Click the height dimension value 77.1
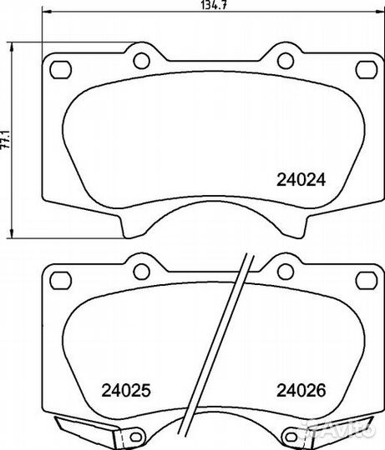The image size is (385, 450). (x=5, y=139)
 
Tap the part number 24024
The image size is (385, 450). (x=301, y=180)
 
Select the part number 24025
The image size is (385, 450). (x=126, y=390)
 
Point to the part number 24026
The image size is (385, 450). (x=301, y=390)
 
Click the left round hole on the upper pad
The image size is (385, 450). (x=141, y=61)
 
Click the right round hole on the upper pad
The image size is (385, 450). (x=286, y=61)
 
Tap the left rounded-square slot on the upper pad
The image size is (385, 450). (x=60, y=70)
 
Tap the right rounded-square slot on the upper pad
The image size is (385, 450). (x=367, y=70)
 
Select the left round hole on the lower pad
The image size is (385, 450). (x=141, y=272)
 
